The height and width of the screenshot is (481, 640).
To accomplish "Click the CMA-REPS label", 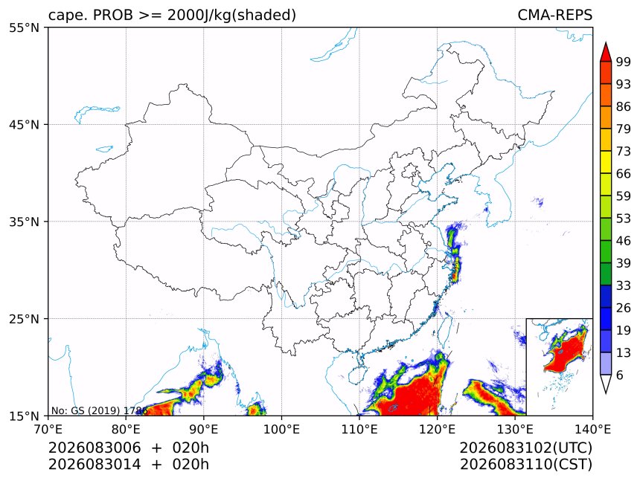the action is pyautogui.click(x=554, y=15).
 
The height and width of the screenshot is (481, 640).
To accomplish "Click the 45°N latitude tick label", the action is pyautogui.click(x=24, y=124).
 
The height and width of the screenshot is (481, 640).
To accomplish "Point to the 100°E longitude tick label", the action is pyautogui.click(x=281, y=430).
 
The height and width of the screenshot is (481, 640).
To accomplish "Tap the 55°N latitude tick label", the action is pyautogui.click(x=24, y=28).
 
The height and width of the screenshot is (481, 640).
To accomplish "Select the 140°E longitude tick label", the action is pyautogui.click(x=592, y=430).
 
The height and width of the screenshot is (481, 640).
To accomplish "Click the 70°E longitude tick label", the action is pyautogui.click(x=48, y=430).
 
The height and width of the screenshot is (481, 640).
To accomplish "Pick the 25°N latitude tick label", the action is pyautogui.click(x=24, y=319).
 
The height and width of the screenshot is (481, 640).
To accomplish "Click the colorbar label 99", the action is pyautogui.click(x=624, y=62).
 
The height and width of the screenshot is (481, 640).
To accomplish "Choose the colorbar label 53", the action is pyautogui.click(x=624, y=219).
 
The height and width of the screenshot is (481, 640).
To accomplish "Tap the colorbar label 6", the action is pyautogui.click(x=620, y=375).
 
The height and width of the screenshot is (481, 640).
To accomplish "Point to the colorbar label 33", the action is pyautogui.click(x=624, y=285).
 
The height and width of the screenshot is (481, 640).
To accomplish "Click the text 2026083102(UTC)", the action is pyautogui.click(x=525, y=448).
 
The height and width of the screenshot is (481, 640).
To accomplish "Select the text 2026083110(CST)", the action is pyautogui.click(x=525, y=465).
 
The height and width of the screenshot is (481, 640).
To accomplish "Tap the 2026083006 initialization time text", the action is pyautogui.click(x=95, y=448).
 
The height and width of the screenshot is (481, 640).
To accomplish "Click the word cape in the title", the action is pyautogui.click(x=63, y=16).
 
